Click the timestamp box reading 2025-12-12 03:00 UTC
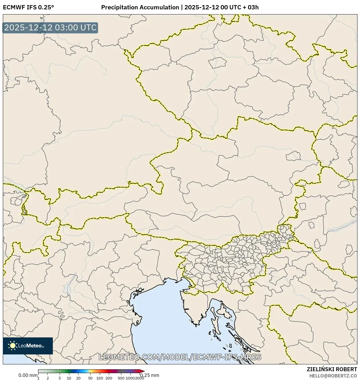click(50, 28)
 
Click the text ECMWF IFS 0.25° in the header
click(28, 7)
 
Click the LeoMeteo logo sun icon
click(13, 346)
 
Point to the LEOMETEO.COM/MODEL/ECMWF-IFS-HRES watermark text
click(180, 357)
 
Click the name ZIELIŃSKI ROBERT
click(332, 369)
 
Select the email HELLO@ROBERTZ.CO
click(333, 375)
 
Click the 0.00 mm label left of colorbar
click(28, 375)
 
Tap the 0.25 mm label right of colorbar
click(150, 375)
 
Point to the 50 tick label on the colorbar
click(90, 378)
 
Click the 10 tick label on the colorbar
click(69, 378)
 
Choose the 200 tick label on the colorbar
click(109, 378)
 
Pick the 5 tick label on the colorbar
click(60, 378)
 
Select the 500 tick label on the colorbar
click(121, 378)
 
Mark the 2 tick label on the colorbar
click(48, 378)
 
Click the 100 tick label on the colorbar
click(100, 378)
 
